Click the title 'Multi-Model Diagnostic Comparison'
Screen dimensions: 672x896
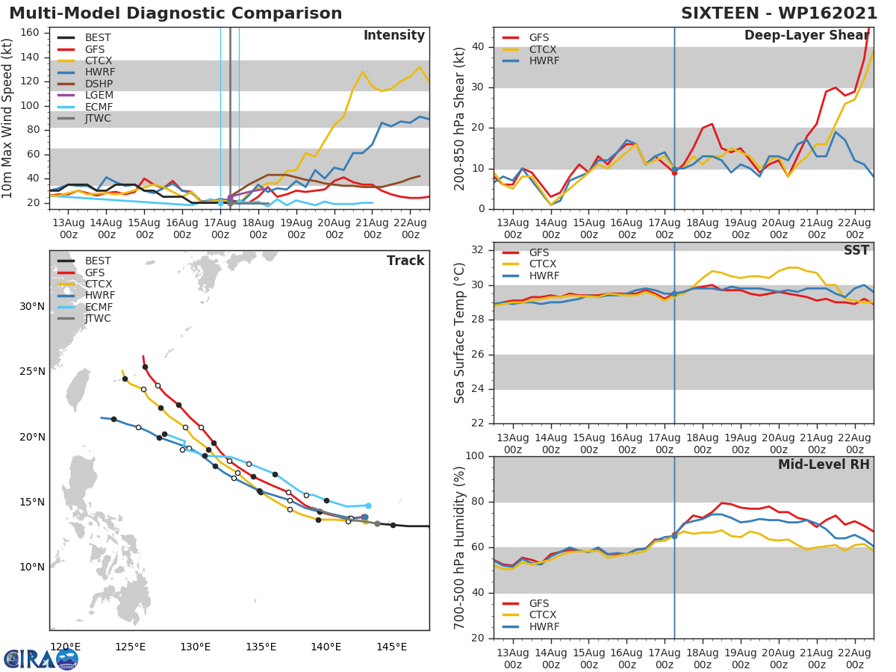(175, 13)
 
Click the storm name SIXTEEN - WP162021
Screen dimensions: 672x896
(779, 13)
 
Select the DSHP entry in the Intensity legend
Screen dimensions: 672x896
(99, 84)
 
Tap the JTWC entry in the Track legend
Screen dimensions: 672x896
(98, 319)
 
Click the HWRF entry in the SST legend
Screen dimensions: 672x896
(544, 276)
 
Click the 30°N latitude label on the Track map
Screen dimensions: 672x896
(32, 307)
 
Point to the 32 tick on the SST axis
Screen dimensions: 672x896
(479, 250)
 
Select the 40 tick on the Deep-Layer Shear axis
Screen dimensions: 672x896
(479, 47)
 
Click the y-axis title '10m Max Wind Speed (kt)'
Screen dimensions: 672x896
(8, 118)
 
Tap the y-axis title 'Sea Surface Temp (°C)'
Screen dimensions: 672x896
(460, 333)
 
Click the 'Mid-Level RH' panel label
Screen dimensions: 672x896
(824, 465)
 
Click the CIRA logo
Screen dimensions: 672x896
(41, 659)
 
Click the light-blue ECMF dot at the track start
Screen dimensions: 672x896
(368, 505)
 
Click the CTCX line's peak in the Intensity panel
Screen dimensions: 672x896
(420, 67)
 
